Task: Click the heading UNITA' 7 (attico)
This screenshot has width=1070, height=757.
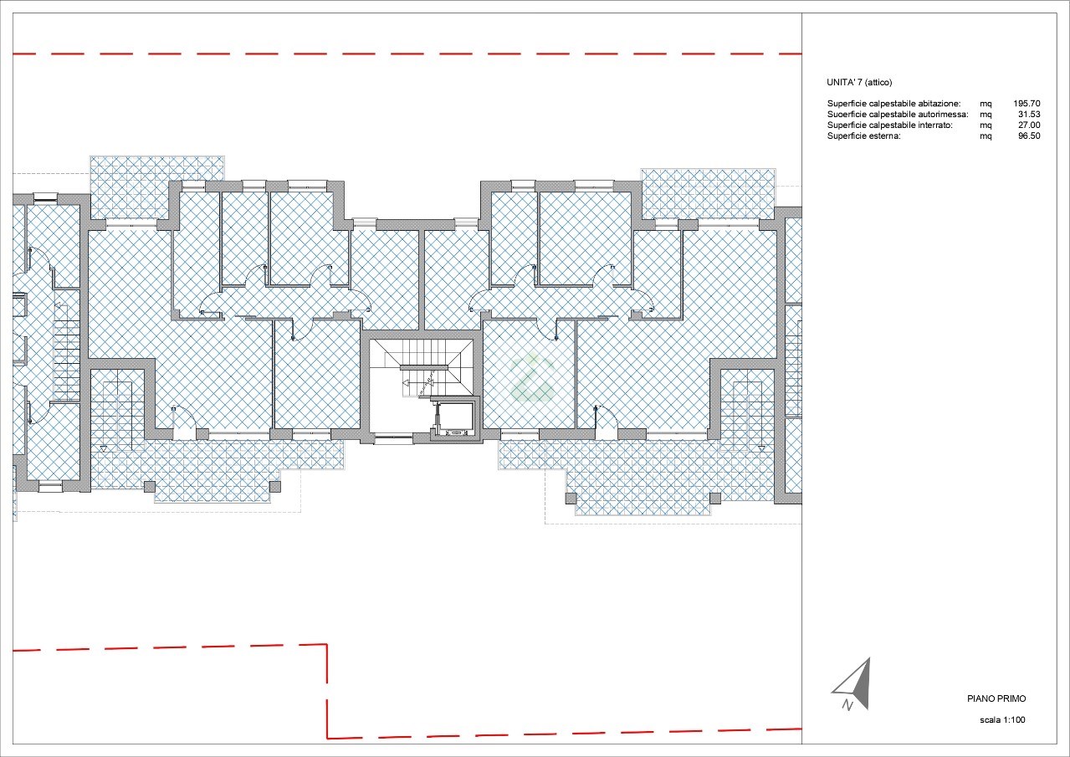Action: (859, 82)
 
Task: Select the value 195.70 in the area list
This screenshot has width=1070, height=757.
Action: (1026, 103)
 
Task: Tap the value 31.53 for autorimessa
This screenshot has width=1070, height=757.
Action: (1029, 114)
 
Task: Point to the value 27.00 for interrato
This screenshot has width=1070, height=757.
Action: (1029, 125)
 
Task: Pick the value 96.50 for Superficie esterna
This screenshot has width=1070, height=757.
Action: (1029, 136)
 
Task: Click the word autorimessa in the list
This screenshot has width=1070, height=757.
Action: (944, 114)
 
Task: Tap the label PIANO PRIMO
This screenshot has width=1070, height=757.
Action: (996, 698)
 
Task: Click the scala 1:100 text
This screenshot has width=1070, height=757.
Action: (1002, 719)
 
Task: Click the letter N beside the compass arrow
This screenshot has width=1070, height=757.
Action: (847, 705)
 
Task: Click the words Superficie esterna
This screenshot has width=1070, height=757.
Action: (863, 136)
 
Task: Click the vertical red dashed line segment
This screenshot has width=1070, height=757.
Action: (327, 691)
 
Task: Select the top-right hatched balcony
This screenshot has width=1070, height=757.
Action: (708, 194)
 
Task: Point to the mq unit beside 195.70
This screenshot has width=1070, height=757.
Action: (986, 104)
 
